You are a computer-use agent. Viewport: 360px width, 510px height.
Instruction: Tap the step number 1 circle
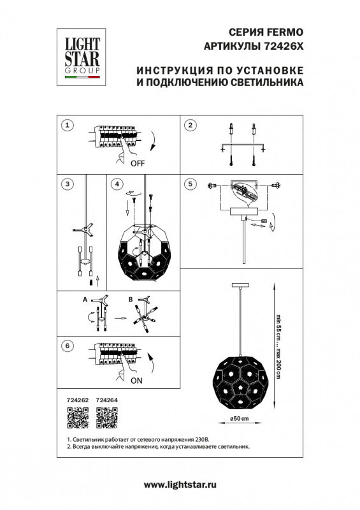69,125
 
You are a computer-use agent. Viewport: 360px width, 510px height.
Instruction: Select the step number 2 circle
189,125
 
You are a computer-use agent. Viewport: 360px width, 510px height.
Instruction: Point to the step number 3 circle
69,184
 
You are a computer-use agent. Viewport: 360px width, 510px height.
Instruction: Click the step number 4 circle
115,184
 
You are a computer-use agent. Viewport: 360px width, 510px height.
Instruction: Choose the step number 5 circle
189,184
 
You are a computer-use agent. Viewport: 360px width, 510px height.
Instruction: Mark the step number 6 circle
69,346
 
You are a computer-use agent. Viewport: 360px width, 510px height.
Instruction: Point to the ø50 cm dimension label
238,418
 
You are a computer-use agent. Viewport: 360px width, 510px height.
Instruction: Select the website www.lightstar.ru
180,485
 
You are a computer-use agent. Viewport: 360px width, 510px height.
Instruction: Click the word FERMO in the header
286,31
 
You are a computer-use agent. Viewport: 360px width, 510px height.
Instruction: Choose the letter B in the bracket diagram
130,298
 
